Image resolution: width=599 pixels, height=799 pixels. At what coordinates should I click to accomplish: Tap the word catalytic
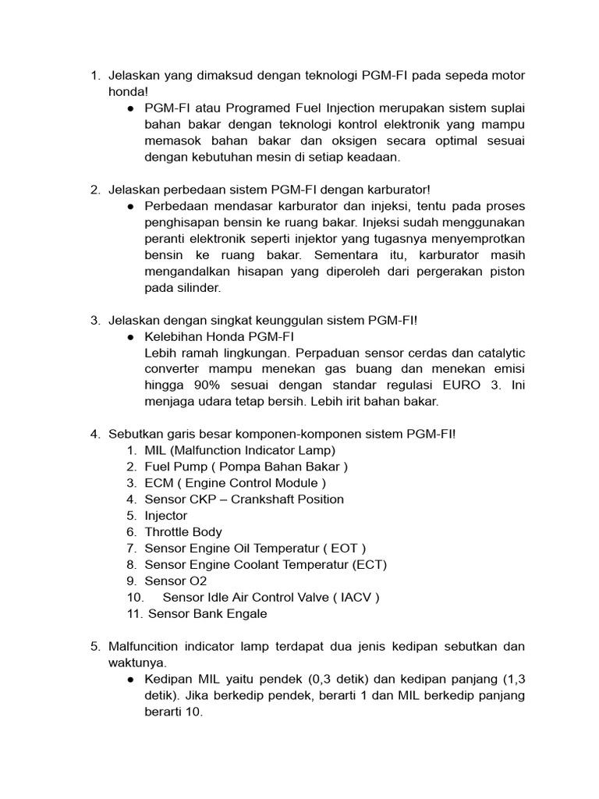[x=495, y=353]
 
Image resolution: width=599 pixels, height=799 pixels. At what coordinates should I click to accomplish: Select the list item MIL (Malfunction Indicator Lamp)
[x=239, y=450]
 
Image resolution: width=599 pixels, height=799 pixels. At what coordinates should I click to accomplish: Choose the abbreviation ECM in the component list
[x=159, y=483]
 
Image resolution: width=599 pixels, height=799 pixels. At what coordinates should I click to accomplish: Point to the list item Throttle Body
[x=183, y=532]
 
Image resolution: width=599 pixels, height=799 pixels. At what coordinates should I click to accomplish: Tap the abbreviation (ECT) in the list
[x=368, y=565]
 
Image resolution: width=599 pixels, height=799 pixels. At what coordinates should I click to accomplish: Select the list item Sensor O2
[x=175, y=581]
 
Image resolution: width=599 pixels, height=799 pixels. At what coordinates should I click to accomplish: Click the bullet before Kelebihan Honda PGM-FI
[x=129, y=337]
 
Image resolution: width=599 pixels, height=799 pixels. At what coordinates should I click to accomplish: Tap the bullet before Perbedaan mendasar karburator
[x=129, y=206]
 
